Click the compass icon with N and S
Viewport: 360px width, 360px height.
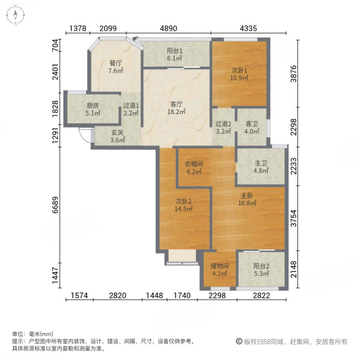15,15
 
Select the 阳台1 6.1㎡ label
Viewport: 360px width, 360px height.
175,54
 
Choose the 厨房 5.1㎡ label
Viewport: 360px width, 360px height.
93,109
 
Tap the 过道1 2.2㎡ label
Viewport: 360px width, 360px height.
131,109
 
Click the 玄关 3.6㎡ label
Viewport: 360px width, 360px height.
118,136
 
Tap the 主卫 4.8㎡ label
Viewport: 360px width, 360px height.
261,167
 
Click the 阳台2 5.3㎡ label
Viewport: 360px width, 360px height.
261,270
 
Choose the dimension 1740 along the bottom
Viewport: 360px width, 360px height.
183,296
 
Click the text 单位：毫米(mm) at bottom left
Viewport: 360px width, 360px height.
33,334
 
